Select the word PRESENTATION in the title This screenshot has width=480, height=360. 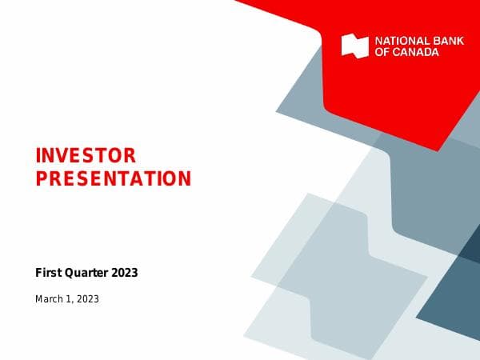114,178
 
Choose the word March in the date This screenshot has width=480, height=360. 50,299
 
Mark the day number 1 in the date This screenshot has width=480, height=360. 70,299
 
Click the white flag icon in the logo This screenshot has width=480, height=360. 354,46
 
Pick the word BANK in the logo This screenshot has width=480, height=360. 449,41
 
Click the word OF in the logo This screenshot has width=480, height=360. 382,52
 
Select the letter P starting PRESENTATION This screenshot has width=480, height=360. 41,178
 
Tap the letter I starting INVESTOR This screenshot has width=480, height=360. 38,155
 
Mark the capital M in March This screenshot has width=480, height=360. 39,299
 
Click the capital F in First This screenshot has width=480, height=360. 38,273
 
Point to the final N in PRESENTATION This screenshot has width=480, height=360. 186,178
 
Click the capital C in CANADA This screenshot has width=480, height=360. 398,52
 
